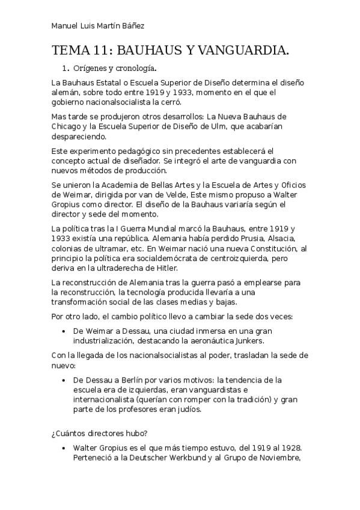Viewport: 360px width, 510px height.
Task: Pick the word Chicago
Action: click(x=69, y=126)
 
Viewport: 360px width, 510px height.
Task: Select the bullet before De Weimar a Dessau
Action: click(x=64, y=331)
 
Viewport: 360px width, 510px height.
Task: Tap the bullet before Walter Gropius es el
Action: click(x=64, y=449)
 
